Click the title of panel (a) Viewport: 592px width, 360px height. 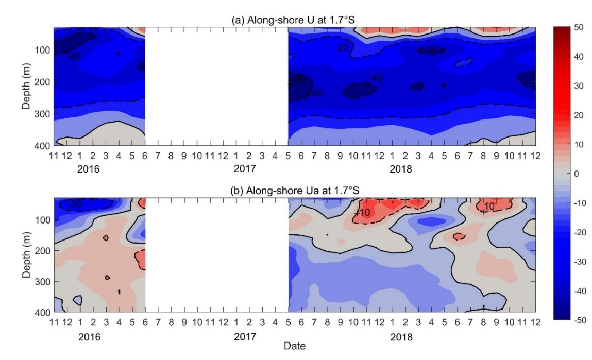(x=295, y=20)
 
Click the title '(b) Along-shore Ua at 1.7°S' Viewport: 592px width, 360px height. (x=295, y=191)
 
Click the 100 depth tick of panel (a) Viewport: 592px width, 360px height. (x=42, y=50)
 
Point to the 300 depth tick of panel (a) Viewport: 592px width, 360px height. (x=42, y=114)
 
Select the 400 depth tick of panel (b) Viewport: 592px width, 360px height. (x=42, y=313)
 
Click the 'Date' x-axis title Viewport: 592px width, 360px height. (x=295, y=346)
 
